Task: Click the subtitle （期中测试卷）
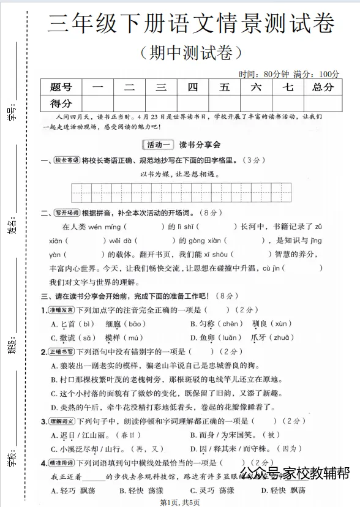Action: click(x=191, y=53)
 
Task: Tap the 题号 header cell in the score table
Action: click(x=61, y=87)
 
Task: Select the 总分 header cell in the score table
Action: click(x=323, y=87)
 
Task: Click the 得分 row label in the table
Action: click(x=61, y=103)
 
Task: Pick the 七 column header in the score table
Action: click(x=288, y=87)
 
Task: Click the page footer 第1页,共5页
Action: click(x=179, y=502)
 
